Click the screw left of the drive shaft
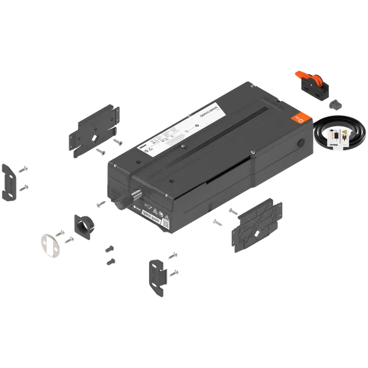coord(99,203)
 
